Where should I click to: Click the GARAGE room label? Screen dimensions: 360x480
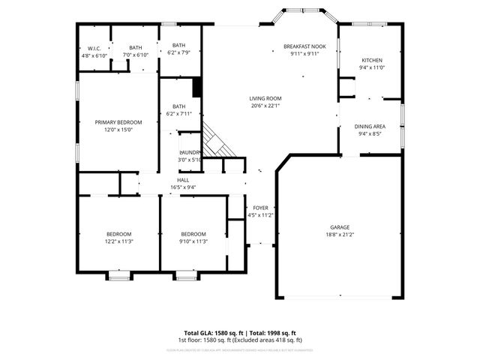pos(340,226)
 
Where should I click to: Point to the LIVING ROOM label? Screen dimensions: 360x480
pos(265,98)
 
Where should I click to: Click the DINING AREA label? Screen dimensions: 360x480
pos(370,126)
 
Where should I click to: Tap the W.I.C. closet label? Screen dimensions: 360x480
pos(94,48)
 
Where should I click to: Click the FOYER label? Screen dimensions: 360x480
pos(260,208)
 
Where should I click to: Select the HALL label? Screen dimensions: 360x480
pos(183,180)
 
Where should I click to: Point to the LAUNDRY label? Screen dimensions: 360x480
pos(190,152)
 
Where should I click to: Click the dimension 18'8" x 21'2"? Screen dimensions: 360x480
pos(340,234)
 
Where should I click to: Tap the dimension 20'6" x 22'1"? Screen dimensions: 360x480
pos(265,106)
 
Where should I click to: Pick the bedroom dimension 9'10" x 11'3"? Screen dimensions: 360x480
pos(193,241)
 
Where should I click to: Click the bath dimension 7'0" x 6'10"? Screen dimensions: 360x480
pos(136,55)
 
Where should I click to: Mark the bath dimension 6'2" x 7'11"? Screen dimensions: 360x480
pos(179,114)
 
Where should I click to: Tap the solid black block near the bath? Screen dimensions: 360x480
pos(197,88)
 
